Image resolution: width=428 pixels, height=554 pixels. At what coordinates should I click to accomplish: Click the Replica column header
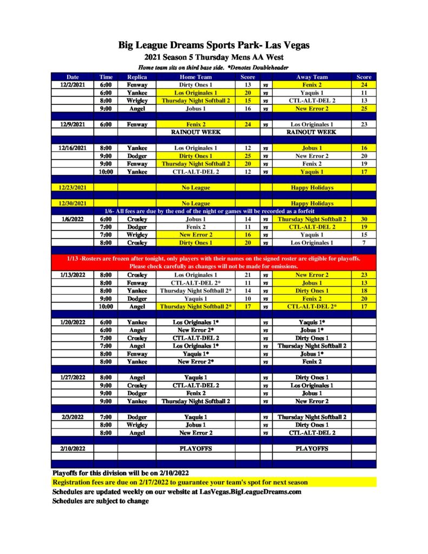(x=137, y=77)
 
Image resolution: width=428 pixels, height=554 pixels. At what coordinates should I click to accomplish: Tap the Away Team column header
(x=312, y=77)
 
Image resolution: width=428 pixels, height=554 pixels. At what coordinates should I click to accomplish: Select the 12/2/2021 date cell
(x=73, y=85)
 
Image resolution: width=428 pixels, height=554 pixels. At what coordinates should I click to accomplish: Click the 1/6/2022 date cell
(x=73, y=219)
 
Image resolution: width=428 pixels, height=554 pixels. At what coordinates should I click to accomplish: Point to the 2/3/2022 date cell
(x=73, y=417)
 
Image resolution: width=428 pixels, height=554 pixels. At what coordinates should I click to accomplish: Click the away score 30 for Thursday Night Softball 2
(x=364, y=219)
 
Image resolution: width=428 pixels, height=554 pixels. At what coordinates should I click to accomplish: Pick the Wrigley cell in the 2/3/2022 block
(x=137, y=425)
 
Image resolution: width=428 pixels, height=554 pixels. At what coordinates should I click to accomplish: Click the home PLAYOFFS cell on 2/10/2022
(x=196, y=449)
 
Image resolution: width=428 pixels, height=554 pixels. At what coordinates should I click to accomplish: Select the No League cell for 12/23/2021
(x=196, y=187)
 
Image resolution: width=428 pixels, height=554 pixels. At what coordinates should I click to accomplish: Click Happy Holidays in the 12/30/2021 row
(x=312, y=203)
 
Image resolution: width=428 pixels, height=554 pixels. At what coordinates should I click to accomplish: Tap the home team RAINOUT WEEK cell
(x=196, y=132)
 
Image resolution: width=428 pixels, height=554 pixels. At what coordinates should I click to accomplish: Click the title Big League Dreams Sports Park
(x=214, y=45)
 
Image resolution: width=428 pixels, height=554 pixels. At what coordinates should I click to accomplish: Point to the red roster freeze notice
(x=214, y=262)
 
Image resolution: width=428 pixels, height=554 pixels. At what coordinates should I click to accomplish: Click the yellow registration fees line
(x=180, y=482)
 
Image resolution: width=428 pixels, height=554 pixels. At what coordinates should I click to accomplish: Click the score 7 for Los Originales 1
(x=364, y=243)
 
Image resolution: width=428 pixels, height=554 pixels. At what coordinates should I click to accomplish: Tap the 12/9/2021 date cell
(x=73, y=124)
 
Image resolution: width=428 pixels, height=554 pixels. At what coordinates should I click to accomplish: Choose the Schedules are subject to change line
(x=101, y=501)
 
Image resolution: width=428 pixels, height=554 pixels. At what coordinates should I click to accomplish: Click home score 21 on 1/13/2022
(x=248, y=275)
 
